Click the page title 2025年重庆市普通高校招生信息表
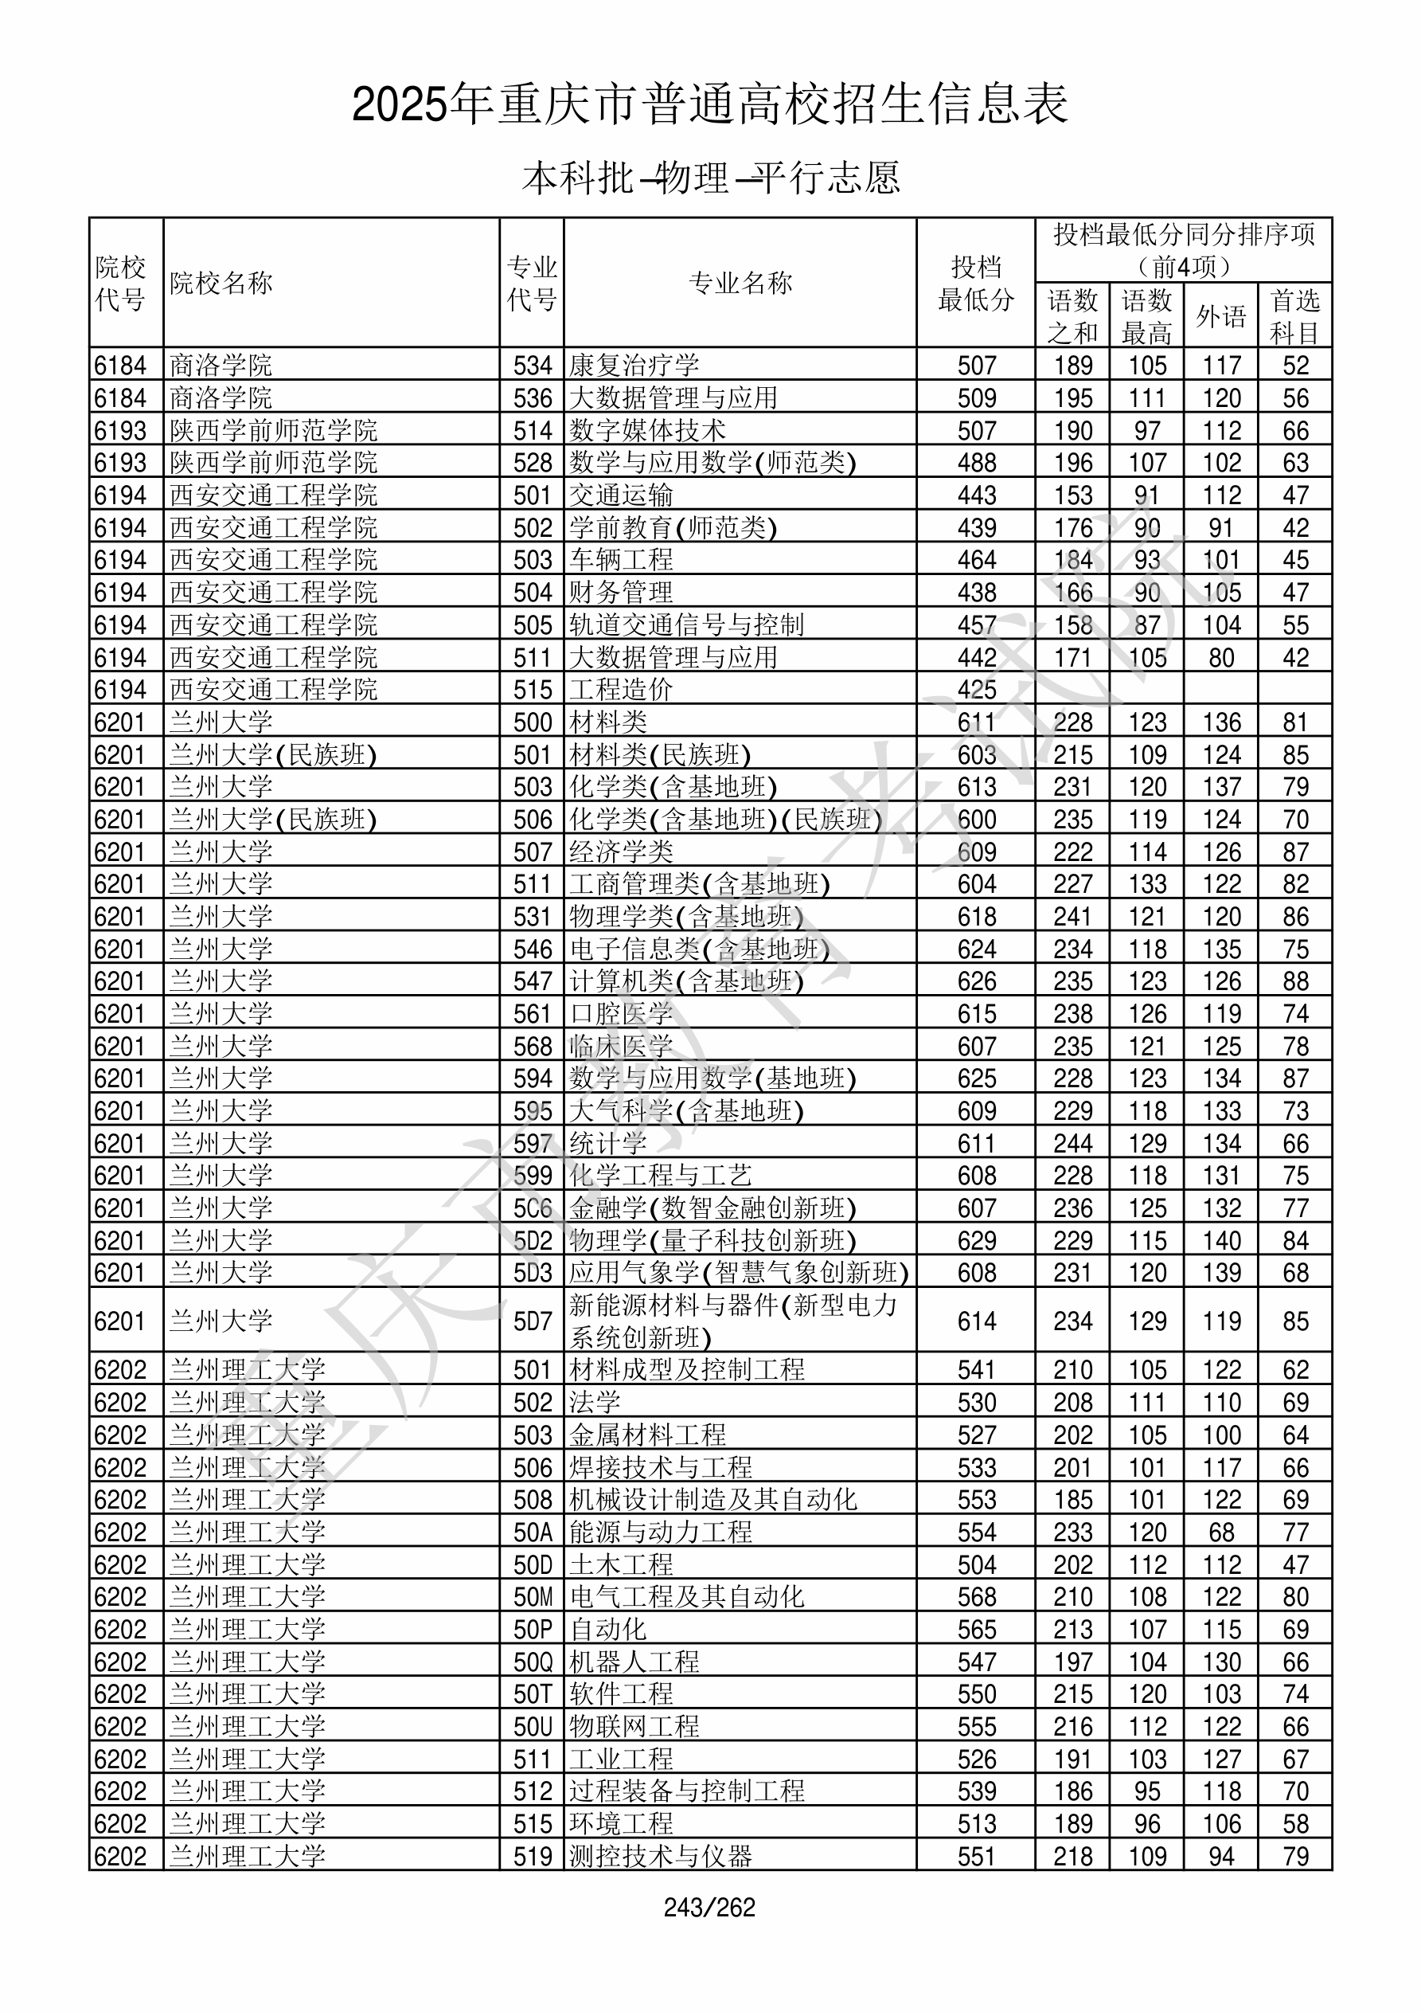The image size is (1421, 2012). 709,105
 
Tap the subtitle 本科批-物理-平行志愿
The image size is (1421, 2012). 709,178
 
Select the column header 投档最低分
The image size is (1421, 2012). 975,283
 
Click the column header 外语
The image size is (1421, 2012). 1220,315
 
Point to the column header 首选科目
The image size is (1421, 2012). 1295,315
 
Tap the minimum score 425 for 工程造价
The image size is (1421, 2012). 976,690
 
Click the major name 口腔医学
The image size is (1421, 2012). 620,1014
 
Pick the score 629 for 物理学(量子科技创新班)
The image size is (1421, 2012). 976,1241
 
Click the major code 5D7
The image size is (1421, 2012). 533,1321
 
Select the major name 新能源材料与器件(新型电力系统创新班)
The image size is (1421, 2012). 733,1321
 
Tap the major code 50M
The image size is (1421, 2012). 533,1597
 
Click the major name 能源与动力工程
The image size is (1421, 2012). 660,1532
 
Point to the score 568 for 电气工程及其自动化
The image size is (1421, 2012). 976,1597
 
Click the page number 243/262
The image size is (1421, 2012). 709,1907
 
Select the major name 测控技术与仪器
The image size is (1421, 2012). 660,1856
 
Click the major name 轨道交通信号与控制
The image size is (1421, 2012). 686,624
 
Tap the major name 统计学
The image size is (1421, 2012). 607,1144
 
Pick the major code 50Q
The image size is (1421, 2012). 533,1662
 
